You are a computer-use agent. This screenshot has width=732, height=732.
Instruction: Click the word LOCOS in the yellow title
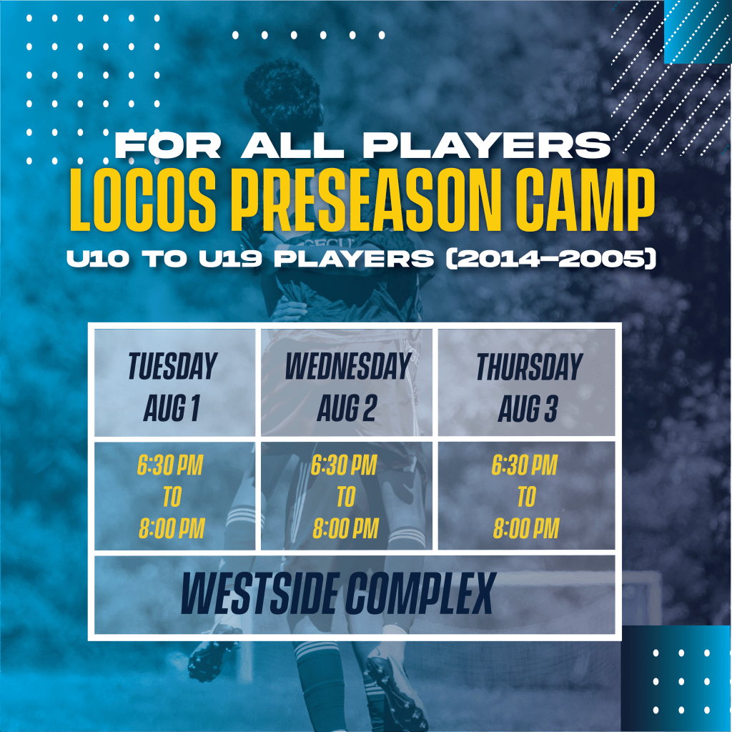point(143,200)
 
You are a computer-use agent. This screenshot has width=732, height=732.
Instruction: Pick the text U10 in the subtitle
point(97,259)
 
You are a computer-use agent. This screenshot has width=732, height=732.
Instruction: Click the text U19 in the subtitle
point(230,259)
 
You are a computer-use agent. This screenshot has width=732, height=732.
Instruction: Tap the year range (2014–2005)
point(551,259)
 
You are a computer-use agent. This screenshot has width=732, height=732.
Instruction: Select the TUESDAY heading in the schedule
point(173,367)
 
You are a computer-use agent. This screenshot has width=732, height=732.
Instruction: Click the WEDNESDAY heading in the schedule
point(348,367)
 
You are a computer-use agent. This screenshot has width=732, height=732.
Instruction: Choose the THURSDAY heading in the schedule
point(530,367)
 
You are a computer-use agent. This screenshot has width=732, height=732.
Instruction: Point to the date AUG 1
point(172,408)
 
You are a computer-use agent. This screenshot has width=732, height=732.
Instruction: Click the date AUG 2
point(347,408)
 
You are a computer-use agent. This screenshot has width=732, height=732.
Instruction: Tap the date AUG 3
point(528,408)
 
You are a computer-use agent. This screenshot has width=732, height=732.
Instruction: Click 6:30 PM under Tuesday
point(170,465)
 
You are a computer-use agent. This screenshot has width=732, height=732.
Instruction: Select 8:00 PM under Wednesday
point(345,529)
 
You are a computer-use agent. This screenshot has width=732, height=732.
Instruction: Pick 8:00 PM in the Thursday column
point(526,529)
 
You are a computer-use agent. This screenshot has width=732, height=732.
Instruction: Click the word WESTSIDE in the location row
point(257,594)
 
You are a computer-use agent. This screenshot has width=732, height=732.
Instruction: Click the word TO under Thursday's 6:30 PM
point(527,497)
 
